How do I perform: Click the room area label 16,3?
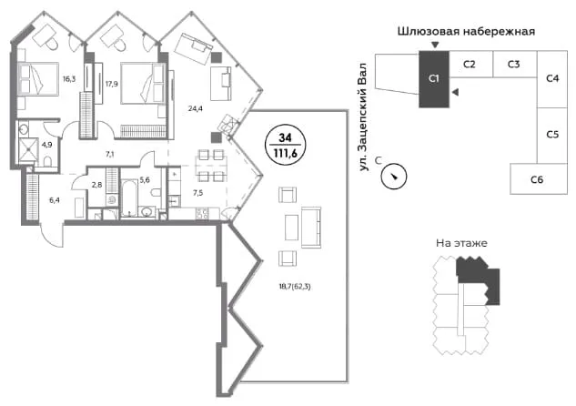coord(69,78)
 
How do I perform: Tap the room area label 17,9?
coord(111,84)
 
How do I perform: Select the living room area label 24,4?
coord(195,108)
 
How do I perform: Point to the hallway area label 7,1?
coord(109,155)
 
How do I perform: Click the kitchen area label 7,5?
coord(198,193)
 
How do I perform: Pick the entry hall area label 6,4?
coord(55,200)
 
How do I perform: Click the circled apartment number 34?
coord(285,137)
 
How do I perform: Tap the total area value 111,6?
coord(285,153)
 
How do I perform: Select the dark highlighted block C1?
coord(434,79)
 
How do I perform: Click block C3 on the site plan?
coord(514,65)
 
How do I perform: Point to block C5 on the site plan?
coord(552,136)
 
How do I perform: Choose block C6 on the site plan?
coord(539,179)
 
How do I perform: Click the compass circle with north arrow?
coord(394,177)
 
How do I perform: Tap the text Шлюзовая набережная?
coord(466,32)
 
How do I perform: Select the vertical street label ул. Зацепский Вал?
coord(363,117)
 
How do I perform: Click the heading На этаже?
coord(461,243)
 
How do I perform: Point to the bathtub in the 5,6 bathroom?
coord(128,198)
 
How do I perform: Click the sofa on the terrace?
coord(311,228)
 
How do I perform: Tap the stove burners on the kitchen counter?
coord(202,214)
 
